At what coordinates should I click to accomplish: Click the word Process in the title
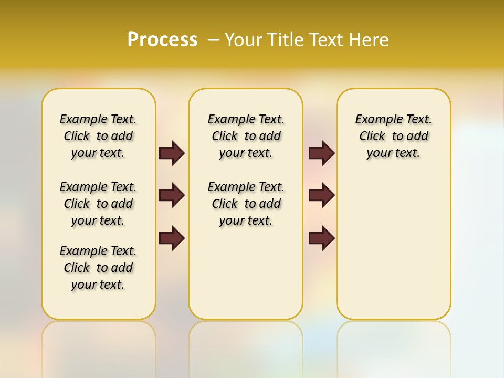click(162, 39)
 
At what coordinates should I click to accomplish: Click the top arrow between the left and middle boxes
click(172, 153)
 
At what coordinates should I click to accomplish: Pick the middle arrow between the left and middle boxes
click(172, 195)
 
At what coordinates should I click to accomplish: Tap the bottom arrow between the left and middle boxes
click(172, 238)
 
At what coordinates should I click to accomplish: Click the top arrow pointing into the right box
click(321, 153)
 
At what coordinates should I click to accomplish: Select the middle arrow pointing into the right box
click(321, 195)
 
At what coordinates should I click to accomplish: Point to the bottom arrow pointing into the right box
click(321, 238)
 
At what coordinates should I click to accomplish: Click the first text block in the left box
click(98, 136)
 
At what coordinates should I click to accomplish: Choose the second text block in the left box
click(98, 204)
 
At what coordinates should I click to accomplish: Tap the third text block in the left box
click(98, 268)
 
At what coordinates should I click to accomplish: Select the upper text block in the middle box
click(246, 136)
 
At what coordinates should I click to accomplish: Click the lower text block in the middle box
click(246, 204)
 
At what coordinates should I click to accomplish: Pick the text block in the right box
click(393, 136)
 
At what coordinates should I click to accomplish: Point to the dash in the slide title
click(213, 40)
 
